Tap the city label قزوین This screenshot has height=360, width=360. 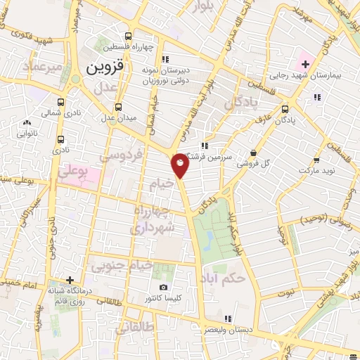[x=105, y=70]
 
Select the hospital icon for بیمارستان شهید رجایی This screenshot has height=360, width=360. [x=305, y=65]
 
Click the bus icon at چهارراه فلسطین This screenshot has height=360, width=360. [x=128, y=37]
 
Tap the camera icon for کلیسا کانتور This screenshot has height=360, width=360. [x=164, y=287]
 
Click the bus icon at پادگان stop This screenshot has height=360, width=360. [x=285, y=110]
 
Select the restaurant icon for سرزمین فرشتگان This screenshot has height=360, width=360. [x=205, y=146]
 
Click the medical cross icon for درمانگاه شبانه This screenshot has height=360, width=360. [x=69, y=279]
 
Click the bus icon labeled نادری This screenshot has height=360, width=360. [x=61, y=139]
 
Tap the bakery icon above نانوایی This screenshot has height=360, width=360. [x=27, y=122]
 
